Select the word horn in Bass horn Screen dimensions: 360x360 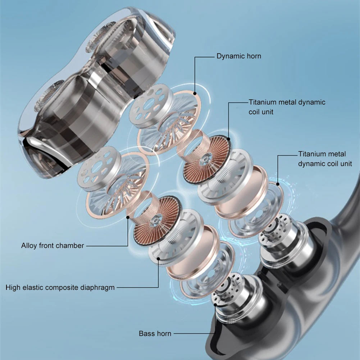click(163, 334)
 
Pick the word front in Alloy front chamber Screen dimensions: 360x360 click(47, 246)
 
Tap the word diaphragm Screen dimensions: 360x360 click(98, 287)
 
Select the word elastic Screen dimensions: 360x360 click(33, 287)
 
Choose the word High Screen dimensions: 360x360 click(13, 287)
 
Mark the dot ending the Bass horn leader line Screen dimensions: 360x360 click(215, 304)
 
